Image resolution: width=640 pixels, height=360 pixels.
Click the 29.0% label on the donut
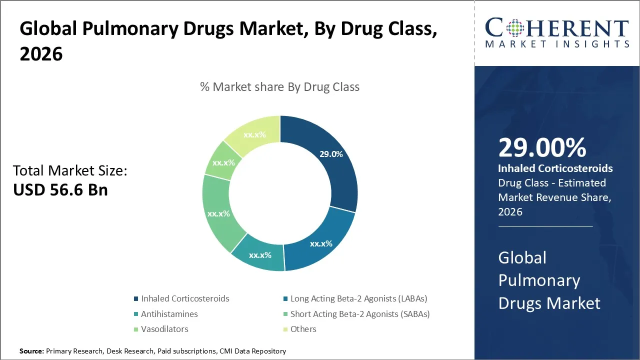tap(331, 154)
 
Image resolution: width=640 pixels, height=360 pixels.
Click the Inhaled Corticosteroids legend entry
tap(185, 298)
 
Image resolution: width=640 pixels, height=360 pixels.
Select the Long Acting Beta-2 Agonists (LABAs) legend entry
tap(358, 298)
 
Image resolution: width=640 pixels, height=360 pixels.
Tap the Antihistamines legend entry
tap(169, 314)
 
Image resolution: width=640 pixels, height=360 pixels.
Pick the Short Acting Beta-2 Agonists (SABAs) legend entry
tap(360, 314)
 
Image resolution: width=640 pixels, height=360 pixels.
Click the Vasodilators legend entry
tap(164, 329)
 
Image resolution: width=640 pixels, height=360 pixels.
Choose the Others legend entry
tap(303, 329)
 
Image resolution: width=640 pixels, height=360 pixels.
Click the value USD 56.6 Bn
tap(60, 190)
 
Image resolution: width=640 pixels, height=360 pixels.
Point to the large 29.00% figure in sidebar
tap(542, 148)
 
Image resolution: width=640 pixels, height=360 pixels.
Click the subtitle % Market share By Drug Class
tap(279, 86)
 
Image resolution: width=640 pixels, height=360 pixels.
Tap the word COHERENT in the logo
tap(557, 28)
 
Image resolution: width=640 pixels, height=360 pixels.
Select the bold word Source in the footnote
tap(32, 351)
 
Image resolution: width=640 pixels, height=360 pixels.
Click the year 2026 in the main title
tap(41, 54)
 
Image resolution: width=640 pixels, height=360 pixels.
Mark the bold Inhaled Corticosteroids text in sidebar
tap(555, 168)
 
